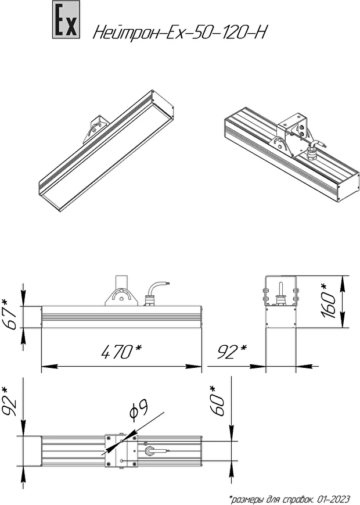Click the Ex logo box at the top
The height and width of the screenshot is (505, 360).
(x=66, y=20)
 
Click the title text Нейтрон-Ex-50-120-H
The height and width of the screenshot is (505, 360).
(x=180, y=32)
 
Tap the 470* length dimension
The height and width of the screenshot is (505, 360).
(x=121, y=352)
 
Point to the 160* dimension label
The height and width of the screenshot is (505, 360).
(x=329, y=301)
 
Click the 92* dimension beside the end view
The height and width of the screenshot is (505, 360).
(x=232, y=352)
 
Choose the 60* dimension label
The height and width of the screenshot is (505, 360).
(x=217, y=400)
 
